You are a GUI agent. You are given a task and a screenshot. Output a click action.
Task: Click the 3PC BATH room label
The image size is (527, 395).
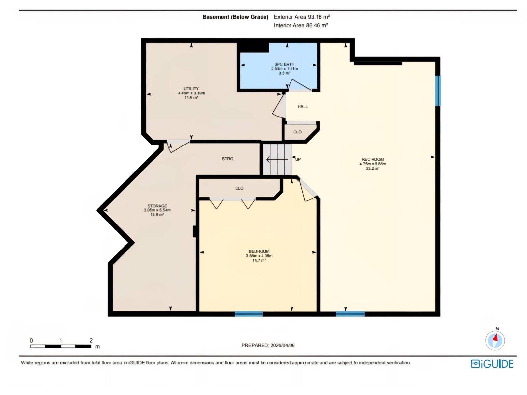click(x=285, y=64)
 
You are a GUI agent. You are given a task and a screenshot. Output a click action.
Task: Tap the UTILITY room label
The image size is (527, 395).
click(x=191, y=89)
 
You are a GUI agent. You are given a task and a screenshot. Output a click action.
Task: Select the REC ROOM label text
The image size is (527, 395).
click(x=373, y=159)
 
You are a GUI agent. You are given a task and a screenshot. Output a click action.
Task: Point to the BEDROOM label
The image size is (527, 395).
click(x=259, y=251)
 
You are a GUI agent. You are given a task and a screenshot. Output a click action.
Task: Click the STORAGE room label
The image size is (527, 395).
click(x=157, y=206)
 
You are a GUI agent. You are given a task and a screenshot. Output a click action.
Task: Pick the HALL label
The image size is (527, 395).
click(x=302, y=107)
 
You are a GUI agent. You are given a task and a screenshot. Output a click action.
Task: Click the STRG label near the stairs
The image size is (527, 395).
click(x=227, y=159)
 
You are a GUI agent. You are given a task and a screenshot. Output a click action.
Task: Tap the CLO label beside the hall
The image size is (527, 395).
click(x=297, y=132)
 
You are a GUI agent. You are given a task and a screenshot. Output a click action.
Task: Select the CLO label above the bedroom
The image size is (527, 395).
click(x=239, y=188)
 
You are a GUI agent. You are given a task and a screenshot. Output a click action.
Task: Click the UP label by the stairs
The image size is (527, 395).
click(x=298, y=159)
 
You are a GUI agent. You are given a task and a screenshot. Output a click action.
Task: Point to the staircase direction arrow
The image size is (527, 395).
click(x=277, y=160)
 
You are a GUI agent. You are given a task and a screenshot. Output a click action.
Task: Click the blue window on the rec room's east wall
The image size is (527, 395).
click(x=438, y=91)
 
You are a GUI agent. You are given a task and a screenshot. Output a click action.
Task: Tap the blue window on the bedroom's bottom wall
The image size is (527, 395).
click(x=248, y=314)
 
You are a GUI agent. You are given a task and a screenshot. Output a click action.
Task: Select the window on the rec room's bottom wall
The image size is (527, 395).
click(x=350, y=314)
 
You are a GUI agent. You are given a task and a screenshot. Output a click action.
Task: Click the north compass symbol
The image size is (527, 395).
click(x=495, y=340)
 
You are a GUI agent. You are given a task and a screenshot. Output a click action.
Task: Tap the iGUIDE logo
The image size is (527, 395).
click(x=492, y=364)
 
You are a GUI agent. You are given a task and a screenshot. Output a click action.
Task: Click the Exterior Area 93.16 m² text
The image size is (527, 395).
click(x=302, y=17)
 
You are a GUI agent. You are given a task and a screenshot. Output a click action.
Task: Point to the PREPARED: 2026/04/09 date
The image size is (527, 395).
click(x=268, y=345)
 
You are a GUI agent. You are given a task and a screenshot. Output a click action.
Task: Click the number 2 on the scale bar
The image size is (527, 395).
click(x=91, y=341)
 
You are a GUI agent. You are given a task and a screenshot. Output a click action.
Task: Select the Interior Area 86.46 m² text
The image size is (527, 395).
click(x=301, y=26)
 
